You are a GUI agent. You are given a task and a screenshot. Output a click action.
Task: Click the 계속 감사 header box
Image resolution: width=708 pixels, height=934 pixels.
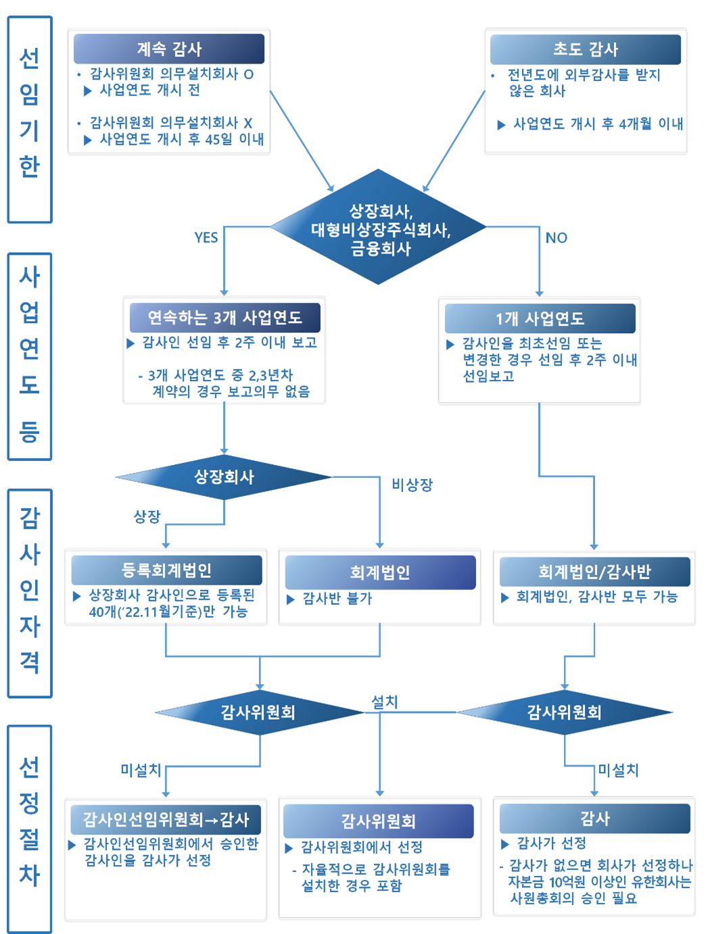[169, 49]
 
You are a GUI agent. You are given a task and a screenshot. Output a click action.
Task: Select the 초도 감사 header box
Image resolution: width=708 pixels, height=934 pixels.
[586, 49]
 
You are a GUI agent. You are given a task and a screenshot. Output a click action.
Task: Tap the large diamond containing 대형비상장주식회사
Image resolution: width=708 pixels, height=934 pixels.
[379, 228]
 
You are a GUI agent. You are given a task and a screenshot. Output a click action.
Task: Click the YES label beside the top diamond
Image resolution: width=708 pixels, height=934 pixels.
[206, 237]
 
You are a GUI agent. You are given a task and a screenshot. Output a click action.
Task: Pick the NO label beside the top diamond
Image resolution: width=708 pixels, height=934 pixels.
[556, 238]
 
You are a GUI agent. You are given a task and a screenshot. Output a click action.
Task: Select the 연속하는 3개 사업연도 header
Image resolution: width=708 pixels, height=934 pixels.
[225, 318]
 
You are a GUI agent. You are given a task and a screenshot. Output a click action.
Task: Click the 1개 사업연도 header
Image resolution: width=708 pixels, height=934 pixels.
[540, 318]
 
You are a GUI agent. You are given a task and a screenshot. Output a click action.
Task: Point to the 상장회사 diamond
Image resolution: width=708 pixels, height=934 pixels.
[224, 477]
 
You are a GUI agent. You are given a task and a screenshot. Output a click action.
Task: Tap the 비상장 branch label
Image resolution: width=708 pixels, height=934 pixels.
[412, 485]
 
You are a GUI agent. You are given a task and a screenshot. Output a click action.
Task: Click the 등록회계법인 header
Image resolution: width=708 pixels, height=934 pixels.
[166, 570]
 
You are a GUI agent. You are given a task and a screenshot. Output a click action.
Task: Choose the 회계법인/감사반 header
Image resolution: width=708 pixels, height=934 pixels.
[594, 572]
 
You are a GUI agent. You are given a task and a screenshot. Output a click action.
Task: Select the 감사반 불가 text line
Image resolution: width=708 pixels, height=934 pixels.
[337, 598]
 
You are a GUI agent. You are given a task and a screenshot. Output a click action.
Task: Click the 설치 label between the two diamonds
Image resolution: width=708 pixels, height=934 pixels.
[384, 702]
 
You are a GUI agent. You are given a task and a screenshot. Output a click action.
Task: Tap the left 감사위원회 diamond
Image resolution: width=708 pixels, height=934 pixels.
[258, 712]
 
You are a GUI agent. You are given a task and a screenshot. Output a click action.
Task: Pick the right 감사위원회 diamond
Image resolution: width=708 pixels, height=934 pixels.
[565, 712]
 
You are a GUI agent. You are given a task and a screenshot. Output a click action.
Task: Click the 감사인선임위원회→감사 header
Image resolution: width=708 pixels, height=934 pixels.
[166, 820]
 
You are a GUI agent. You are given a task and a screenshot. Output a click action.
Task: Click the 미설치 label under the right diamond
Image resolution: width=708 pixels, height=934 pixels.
[618, 770]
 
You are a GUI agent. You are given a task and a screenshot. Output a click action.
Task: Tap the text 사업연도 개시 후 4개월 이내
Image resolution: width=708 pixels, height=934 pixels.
[598, 124]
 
